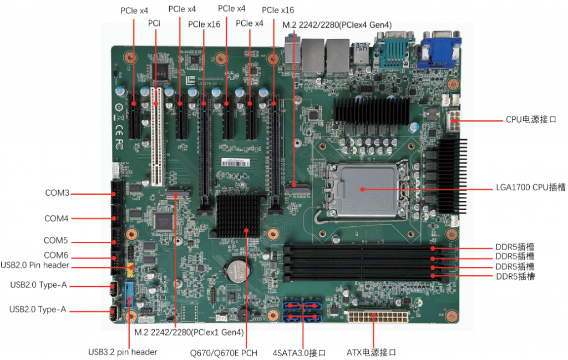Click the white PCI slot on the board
pos(157,136)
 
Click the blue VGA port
pos(439,49)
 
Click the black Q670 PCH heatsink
pos(239,216)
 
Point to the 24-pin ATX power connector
pos(378,316)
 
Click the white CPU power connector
pos(454,121)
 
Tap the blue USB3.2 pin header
pos(129,295)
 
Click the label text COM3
pos(57,192)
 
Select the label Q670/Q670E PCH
pos(224,353)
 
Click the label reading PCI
pos(154,23)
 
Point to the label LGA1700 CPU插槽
pos(531,187)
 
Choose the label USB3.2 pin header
pos(123,352)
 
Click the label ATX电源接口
pos(371,352)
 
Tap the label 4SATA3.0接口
pos(299,353)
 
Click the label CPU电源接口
pos(531,119)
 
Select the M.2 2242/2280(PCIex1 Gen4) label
pos(189,332)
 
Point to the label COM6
pos(56,255)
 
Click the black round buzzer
pos(244,313)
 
